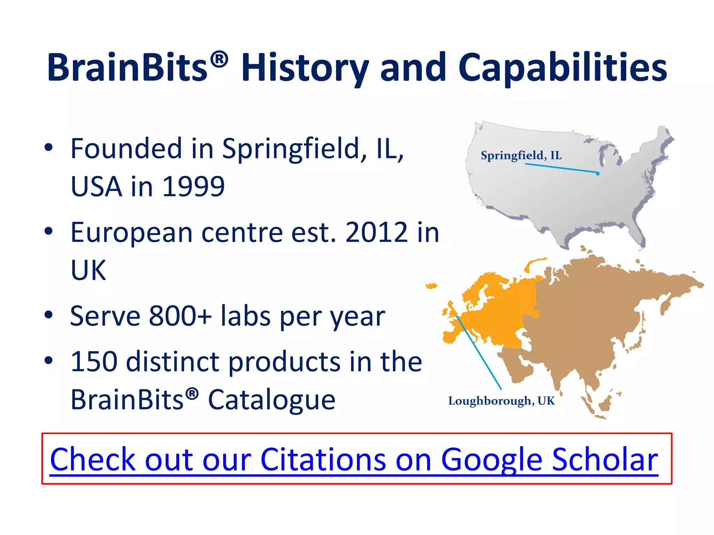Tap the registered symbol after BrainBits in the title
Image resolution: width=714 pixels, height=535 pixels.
point(219,59)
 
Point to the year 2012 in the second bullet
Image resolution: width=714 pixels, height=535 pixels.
point(376,232)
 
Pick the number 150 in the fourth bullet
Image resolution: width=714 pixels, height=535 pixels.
point(93,362)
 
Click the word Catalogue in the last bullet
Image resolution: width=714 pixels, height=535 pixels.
point(272,400)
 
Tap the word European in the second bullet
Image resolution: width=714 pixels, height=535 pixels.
point(131,232)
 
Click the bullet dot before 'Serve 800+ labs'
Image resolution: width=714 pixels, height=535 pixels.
point(48,315)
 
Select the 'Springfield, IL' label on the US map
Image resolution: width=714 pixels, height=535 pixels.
point(521,155)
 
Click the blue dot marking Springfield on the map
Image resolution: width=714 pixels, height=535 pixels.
point(598,173)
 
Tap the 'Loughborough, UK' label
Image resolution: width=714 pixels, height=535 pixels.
point(501,401)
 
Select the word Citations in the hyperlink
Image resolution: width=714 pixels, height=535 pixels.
point(323,459)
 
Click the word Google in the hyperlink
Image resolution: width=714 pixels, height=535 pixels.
point(491,459)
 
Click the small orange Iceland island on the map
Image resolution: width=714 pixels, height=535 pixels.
point(432,286)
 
